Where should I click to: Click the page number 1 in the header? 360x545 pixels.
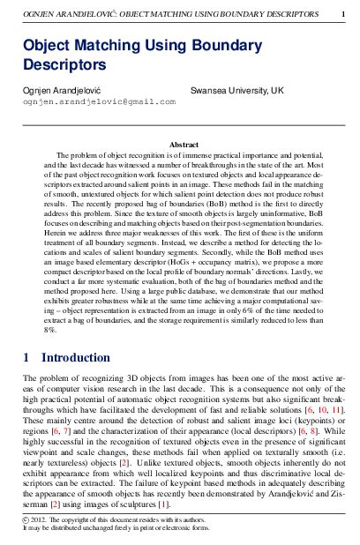(342, 12)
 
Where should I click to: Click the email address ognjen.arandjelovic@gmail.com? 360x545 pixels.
(99, 101)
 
